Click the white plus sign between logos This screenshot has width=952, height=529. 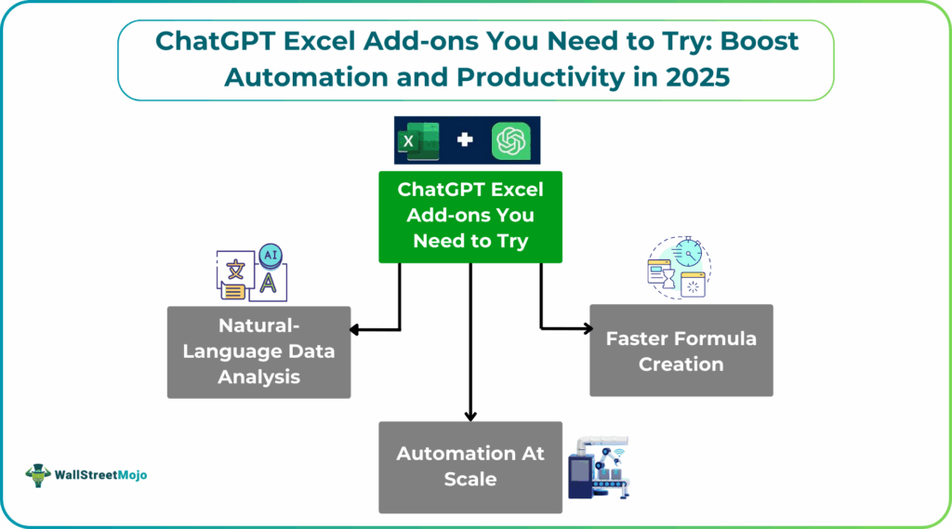(x=465, y=141)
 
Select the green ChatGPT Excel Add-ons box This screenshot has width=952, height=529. (x=469, y=216)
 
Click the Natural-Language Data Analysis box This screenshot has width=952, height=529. (x=258, y=351)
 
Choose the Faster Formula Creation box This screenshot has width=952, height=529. (x=681, y=350)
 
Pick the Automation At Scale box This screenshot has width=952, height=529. (x=469, y=467)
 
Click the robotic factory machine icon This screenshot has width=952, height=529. (x=600, y=467)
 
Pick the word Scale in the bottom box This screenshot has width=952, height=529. (x=469, y=480)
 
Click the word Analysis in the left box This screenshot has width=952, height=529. (x=258, y=377)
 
